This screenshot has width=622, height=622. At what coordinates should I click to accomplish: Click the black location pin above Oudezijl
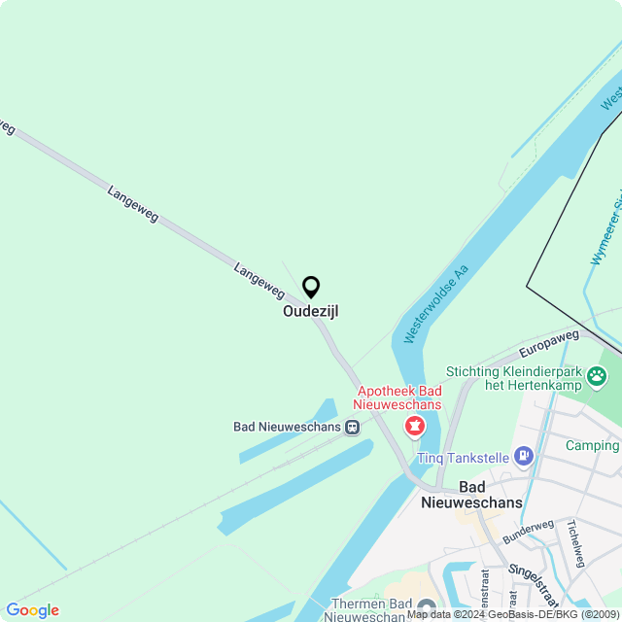(311, 287)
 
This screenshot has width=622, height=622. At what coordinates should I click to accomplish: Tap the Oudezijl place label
(311, 312)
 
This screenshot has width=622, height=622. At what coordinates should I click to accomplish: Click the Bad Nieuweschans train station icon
(352, 426)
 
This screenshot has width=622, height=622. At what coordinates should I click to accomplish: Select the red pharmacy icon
(415, 426)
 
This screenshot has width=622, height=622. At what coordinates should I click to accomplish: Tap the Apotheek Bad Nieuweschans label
(397, 397)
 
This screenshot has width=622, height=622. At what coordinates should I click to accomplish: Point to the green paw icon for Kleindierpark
(609, 372)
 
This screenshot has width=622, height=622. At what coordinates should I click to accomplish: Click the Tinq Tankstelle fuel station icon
(524, 455)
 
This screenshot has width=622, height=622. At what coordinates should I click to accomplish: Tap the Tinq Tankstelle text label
(464, 457)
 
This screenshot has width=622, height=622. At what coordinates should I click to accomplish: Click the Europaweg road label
(549, 343)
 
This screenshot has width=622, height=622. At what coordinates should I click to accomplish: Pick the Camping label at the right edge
(594, 446)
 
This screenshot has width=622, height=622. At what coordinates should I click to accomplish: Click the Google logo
(32, 610)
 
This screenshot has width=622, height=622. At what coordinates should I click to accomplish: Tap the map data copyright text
(512, 614)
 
